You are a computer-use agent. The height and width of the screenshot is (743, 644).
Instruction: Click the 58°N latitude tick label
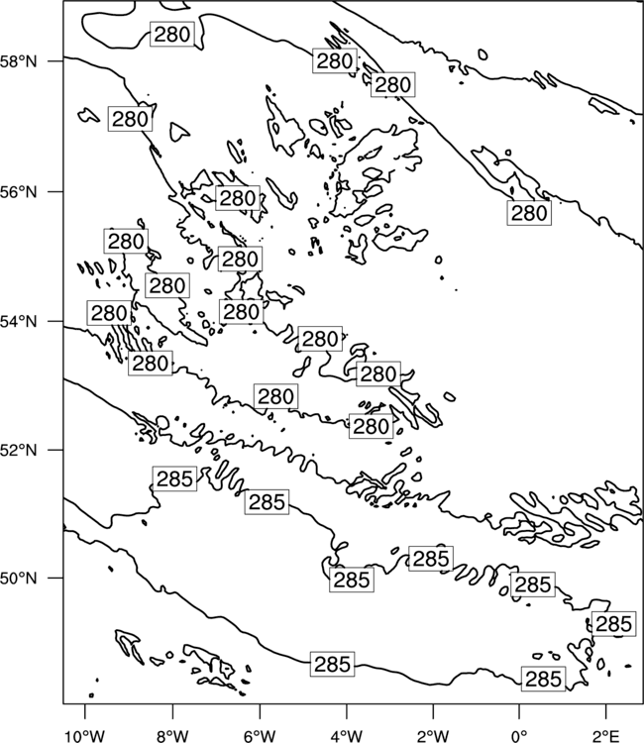tap(19, 61)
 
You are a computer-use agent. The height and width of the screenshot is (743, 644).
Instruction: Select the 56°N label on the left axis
tap(19, 192)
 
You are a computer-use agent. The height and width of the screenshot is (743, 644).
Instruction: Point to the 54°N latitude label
tap(19, 322)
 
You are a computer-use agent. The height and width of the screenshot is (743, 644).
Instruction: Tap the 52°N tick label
tap(19, 450)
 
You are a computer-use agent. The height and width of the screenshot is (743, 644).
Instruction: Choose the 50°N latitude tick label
tap(19, 579)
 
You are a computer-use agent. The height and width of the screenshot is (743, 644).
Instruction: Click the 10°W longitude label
tap(84, 736)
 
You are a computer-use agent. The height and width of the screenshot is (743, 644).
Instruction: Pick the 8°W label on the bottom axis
tap(172, 736)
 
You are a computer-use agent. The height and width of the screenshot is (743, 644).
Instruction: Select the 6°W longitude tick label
tap(260, 736)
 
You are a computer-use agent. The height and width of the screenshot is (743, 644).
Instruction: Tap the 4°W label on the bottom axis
tap(347, 736)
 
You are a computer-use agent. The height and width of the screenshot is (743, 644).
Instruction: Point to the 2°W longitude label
tap(433, 736)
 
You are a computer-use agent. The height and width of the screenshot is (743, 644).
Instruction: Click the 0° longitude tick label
tap(520, 736)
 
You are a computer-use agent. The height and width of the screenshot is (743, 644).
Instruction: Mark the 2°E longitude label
tap(606, 736)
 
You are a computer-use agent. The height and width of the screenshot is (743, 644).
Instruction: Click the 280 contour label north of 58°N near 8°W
tap(172, 34)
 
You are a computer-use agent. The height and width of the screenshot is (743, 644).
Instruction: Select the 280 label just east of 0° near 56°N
tap(529, 213)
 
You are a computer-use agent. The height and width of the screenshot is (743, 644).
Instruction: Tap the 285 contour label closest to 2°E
tap(613, 624)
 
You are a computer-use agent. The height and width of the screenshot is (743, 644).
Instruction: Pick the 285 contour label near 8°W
tap(174, 478)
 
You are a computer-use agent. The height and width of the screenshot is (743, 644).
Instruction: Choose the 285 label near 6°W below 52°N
tap(267, 502)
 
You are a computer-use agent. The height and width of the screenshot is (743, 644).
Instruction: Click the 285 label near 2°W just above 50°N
tap(431, 558)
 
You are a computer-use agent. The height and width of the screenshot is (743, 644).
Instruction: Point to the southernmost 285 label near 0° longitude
tap(544, 679)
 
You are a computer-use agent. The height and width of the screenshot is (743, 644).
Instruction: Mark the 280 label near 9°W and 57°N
tap(131, 119)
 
